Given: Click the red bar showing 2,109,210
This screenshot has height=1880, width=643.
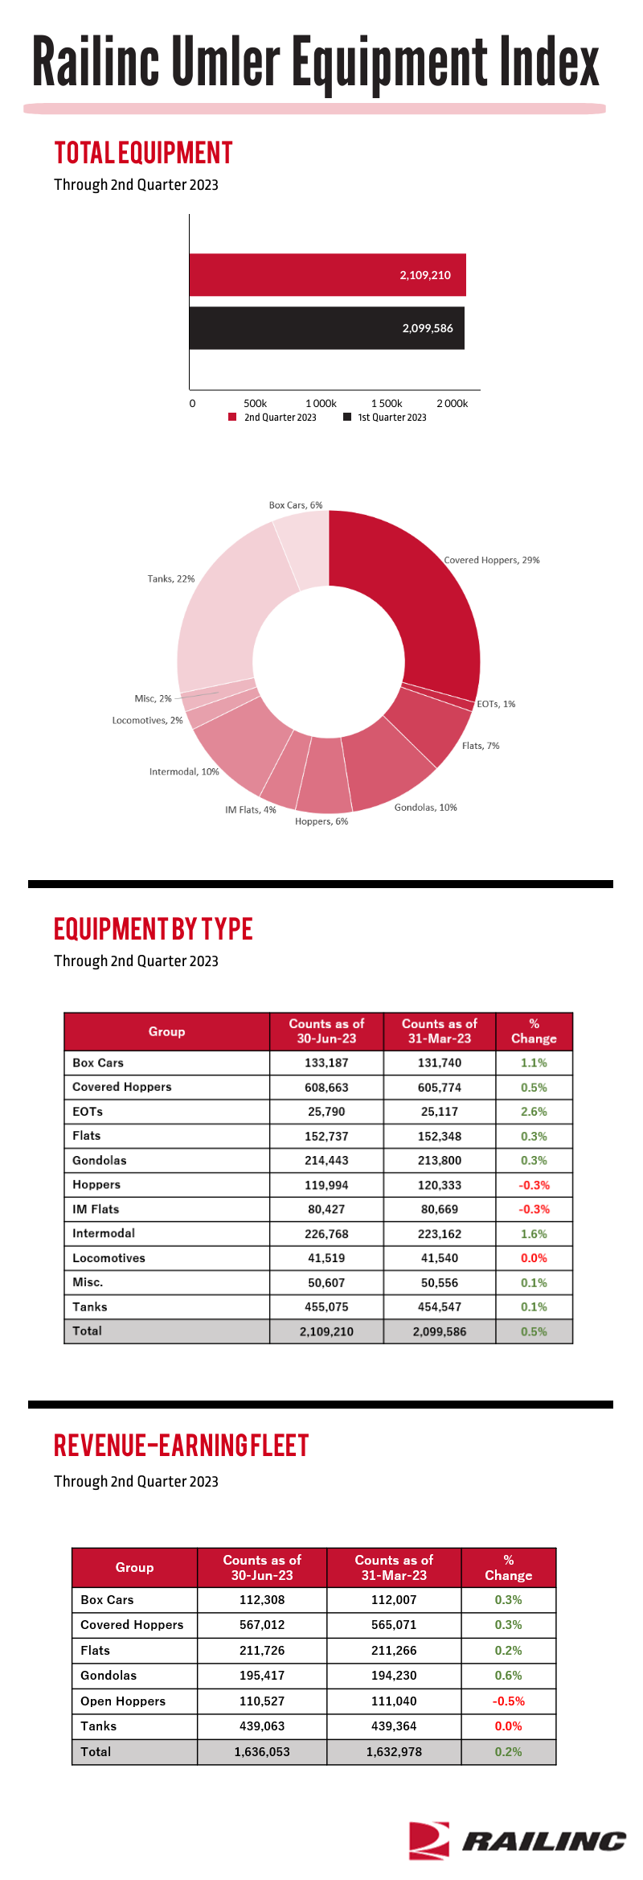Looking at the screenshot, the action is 327,275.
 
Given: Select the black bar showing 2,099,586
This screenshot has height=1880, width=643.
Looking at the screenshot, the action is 326,328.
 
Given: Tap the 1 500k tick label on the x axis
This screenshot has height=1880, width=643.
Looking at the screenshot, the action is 387,403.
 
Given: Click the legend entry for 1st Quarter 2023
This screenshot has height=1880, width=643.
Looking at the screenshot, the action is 385,418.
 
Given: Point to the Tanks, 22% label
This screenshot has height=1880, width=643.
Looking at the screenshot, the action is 171,578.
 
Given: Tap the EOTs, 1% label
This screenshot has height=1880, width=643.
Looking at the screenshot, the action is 496,704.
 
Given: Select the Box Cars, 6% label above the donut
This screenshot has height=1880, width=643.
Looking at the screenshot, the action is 296,505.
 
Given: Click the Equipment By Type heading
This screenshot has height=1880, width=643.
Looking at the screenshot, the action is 154,929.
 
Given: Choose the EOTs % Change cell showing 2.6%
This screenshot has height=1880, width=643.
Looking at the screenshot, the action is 534,1112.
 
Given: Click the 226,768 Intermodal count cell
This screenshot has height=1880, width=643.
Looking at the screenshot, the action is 326,1234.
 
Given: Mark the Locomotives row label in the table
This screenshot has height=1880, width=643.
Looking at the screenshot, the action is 109,1258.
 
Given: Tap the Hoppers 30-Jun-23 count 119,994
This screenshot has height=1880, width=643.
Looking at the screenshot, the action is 326,1185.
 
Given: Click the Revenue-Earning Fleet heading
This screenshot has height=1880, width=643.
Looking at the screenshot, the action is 182,1446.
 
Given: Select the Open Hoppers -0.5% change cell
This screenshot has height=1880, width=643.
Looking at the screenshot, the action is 509,1701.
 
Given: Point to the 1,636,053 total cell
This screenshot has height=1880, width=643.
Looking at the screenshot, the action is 262,1752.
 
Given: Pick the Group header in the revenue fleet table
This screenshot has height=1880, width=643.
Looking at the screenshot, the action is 134,1567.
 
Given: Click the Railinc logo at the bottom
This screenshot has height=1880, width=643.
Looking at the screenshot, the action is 517,1840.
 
